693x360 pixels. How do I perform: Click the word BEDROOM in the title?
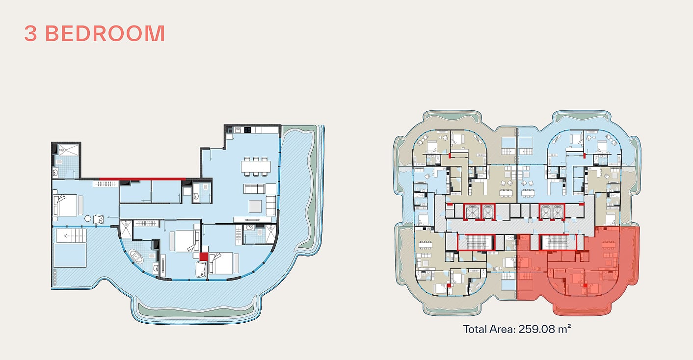(x=105, y=33)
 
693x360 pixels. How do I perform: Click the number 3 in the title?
(x=30, y=33)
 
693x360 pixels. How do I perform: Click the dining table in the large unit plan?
(x=256, y=167)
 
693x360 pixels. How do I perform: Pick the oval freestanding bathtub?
(x=136, y=257)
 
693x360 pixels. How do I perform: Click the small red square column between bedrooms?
(x=204, y=257)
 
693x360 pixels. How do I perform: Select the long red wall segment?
(x=142, y=179)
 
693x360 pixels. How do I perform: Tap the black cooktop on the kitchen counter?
(x=247, y=130)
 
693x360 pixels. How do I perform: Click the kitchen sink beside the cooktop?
(x=238, y=130)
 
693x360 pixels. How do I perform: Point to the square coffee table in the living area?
(x=255, y=206)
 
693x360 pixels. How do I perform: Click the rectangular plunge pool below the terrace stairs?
(x=70, y=256)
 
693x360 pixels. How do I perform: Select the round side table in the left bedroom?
(x=88, y=218)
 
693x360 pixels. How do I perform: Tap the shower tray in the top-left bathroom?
(x=69, y=150)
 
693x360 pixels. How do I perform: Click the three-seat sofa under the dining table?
(x=254, y=189)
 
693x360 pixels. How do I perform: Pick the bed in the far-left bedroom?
(x=65, y=205)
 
